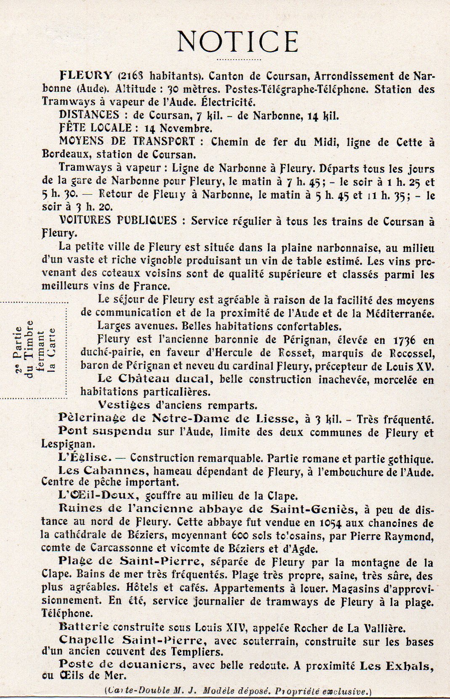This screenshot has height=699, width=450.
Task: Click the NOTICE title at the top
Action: pos(238,41)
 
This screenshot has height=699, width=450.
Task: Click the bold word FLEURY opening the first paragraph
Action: pos(86,76)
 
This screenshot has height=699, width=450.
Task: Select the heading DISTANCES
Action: pos(89,115)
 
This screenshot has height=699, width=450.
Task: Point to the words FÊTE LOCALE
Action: pos(96,128)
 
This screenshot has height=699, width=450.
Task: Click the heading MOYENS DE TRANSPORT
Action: pos(127,141)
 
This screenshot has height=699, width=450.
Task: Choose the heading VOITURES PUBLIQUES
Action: pos(118,220)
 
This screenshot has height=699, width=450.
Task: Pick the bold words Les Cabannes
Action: pos(102,471)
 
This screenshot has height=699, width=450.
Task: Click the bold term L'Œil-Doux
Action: pos(96,495)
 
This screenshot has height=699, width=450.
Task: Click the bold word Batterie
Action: pos(84,627)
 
